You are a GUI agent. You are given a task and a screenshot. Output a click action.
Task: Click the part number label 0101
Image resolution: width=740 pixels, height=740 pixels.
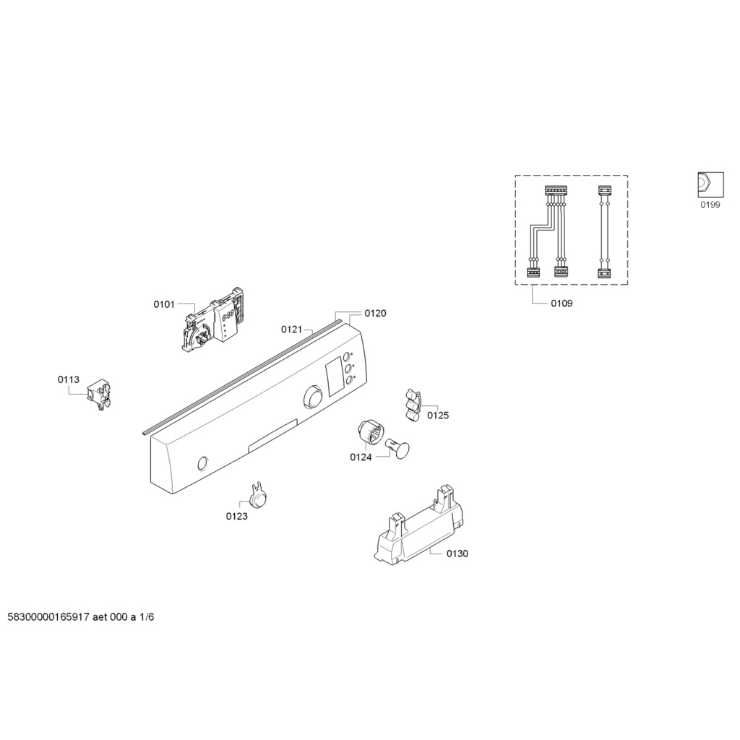pos(164,304)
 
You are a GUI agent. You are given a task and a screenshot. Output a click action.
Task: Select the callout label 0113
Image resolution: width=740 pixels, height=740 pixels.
pos(69,379)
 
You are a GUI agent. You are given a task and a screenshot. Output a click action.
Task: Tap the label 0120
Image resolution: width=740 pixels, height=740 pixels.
pos(375,314)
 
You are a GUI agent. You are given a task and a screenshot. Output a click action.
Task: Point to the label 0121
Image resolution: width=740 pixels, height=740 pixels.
pos(292,330)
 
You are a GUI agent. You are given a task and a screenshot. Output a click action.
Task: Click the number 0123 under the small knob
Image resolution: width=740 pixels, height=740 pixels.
pos(237,516)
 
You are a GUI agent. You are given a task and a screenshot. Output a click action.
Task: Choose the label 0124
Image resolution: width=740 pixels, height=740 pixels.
pos(361,457)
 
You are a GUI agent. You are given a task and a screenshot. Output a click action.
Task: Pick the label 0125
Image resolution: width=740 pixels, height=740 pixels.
pos(438,416)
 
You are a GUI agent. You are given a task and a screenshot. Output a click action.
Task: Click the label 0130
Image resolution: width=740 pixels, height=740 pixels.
pos(457,554)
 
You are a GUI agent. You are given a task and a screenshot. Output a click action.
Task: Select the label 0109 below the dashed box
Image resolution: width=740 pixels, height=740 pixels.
pos(562,304)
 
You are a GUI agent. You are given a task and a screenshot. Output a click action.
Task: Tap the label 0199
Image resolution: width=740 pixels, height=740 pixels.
pos(710,205)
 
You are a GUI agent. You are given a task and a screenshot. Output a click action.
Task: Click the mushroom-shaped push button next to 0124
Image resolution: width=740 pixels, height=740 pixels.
pos(398,448)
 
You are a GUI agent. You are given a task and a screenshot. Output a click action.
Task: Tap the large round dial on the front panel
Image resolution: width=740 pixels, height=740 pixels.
pos(313,397)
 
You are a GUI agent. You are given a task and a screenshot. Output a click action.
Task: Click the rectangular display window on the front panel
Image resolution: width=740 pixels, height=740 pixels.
pos(335,376)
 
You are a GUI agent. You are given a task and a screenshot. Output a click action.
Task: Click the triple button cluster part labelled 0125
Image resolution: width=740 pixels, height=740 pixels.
pos(413,404)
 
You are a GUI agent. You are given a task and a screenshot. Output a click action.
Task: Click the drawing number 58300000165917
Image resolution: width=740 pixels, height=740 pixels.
pos(48,617)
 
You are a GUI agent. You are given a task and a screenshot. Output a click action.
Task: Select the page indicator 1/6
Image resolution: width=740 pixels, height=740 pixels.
pos(147,617)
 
